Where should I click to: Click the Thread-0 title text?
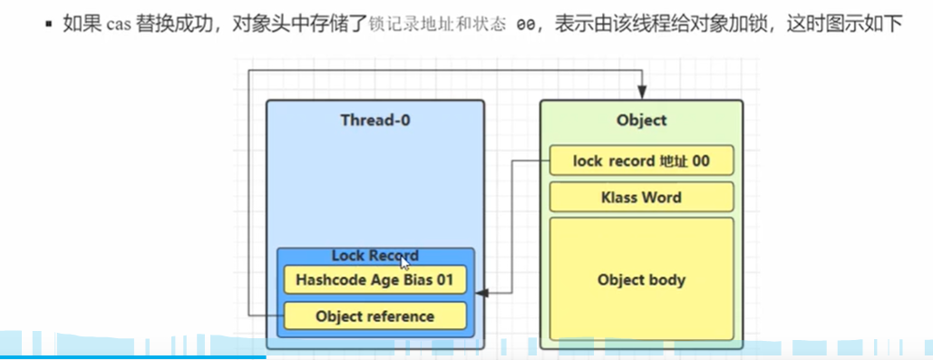(374, 121)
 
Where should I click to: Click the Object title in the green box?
(641, 121)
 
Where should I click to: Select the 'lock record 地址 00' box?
(641, 161)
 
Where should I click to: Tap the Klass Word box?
(641, 197)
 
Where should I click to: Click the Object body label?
(641, 279)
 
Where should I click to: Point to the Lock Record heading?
(374, 256)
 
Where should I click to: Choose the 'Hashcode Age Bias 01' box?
(374, 279)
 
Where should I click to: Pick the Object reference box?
(374, 316)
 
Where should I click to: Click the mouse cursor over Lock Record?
(404, 263)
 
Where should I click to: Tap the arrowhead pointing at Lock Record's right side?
(481, 293)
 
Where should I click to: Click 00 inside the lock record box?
(701, 161)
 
